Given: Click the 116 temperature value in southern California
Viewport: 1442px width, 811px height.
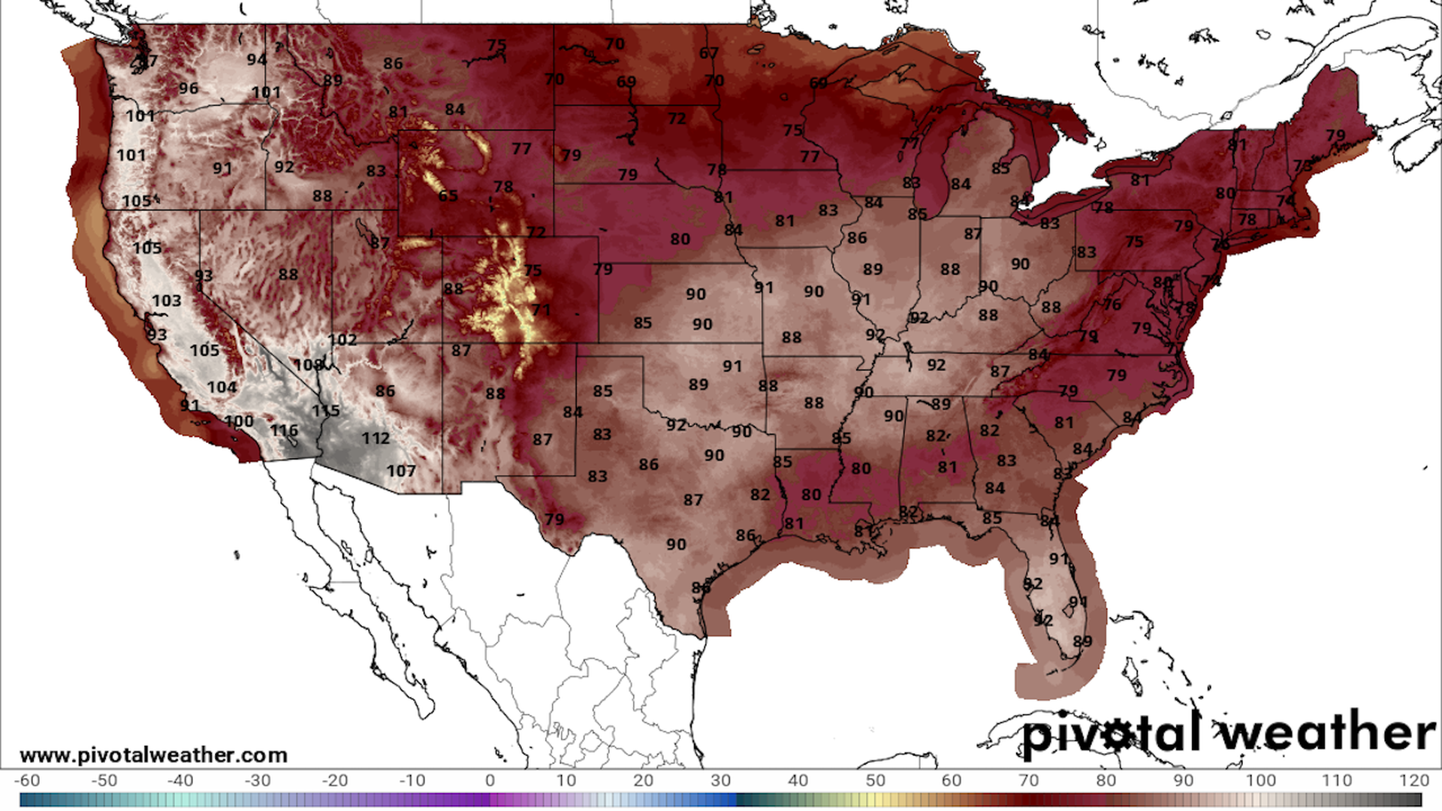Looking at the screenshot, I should point(284,430).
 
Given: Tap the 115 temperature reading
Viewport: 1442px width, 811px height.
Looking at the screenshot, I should point(325,411).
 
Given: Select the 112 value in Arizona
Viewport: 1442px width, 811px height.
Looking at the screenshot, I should point(376,438).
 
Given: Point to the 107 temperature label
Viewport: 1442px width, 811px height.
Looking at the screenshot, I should point(401,471).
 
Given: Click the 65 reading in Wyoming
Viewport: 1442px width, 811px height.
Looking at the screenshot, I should point(448,196).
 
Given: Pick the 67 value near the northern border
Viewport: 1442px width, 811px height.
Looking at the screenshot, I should point(709,53).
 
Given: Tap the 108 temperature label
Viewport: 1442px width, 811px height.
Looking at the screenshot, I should point(308,365).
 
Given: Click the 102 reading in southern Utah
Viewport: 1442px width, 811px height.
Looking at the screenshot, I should point(342,339).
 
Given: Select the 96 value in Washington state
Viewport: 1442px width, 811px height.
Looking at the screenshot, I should point(189,88).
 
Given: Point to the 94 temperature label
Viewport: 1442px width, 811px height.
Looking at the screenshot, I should point(257,59).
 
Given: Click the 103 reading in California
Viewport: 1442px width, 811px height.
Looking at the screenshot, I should point(166,300).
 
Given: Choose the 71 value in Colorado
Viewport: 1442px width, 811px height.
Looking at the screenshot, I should point(541,309).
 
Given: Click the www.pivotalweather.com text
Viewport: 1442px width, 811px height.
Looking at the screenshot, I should point(153,755).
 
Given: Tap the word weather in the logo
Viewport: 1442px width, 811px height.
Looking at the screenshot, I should point(1328,732).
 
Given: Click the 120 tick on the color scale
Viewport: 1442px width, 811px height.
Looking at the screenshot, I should point(1413,780).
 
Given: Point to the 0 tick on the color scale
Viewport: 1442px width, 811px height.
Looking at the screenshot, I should point(490,780).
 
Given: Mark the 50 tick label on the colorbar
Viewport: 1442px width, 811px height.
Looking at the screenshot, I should point(875,780).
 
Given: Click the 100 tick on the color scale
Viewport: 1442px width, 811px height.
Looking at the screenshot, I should point(1260,780).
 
